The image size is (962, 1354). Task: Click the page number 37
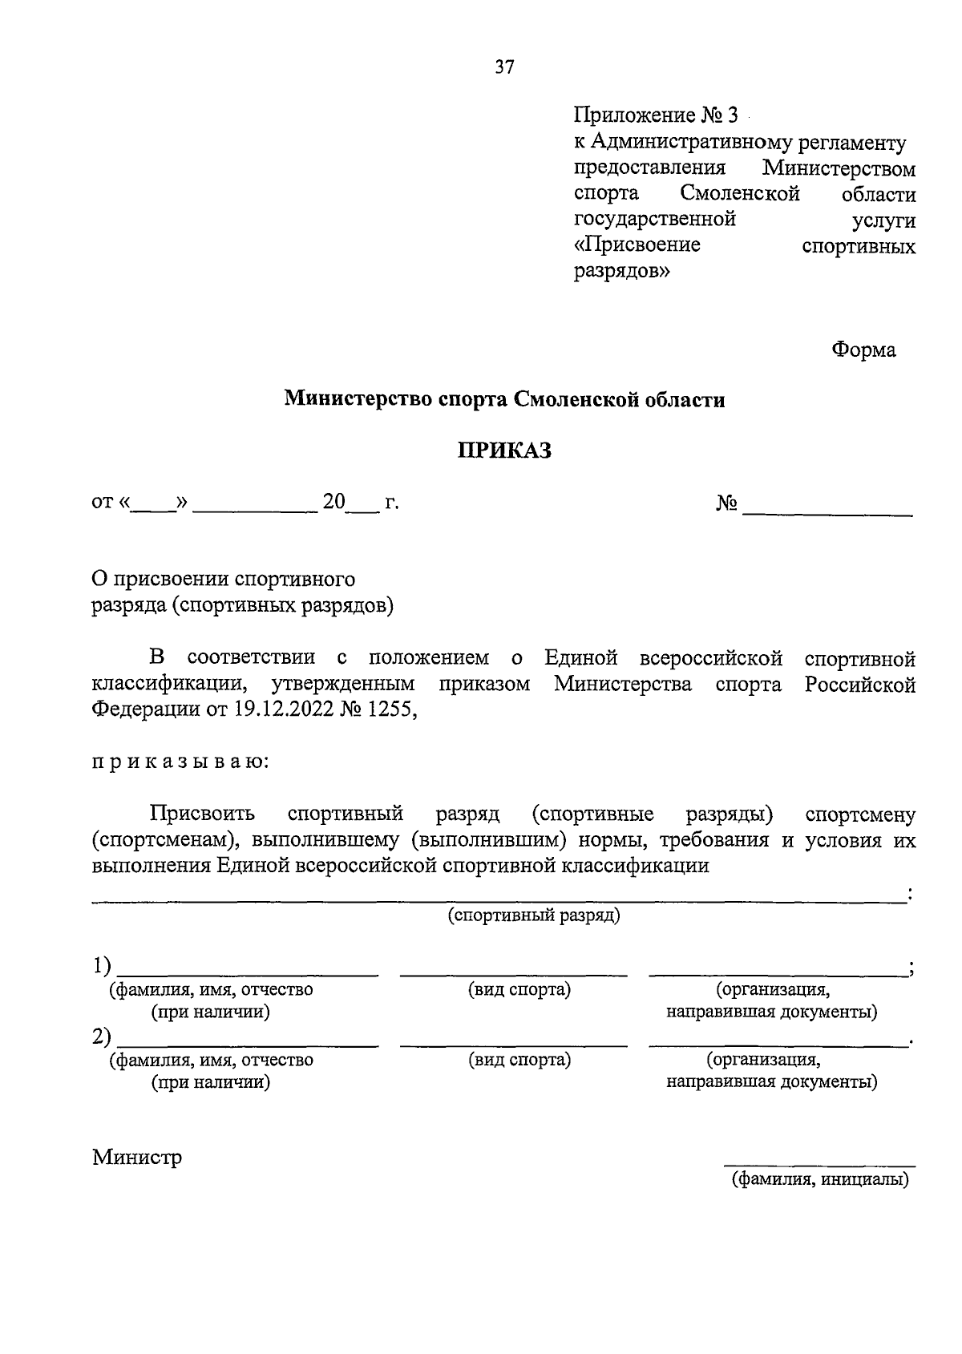click(x=504, y=67)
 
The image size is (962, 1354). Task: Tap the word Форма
click(x=863, y=350)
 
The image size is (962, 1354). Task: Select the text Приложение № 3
click(x=654, y=115)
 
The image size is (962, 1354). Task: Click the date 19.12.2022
click(x=287, y=710)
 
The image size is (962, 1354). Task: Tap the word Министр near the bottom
click(x=137, y=1158)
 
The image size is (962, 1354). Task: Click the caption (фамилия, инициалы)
click(x=819, y=1179)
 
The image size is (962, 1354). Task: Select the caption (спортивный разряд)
click(x=534, y=915)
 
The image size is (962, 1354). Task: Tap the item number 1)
click(x=101, y=967)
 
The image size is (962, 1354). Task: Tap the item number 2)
click(x=101, y=1037)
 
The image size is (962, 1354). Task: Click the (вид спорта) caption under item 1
click(x=519, y=989)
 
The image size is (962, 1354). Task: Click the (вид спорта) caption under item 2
click(x=519, y=1060)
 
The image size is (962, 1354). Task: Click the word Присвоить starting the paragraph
click(x=202, y=814)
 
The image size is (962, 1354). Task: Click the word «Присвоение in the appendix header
click(x=637, y=245)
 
